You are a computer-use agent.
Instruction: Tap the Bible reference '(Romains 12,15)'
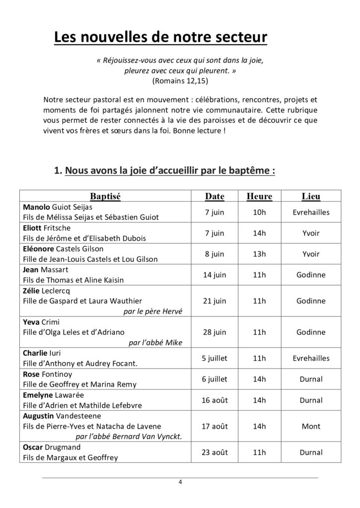point(180,80)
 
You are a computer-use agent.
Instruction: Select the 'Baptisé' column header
point(105,196)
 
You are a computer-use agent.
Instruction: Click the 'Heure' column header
point(259,196)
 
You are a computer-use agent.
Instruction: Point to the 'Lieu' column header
point(311,196)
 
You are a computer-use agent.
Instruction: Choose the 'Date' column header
point(215,196)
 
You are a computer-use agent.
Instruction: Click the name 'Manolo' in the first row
point(36,207)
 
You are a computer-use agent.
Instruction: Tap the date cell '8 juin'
point(215,254)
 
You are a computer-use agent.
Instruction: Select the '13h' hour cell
point(259,254)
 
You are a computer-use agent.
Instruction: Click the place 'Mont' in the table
point(311,426)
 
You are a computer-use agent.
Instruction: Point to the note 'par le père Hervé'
point(152,311)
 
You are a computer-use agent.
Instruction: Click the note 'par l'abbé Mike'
point(155,342)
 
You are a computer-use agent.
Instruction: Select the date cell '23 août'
point(215,452)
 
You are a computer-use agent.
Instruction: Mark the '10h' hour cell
point(259,212)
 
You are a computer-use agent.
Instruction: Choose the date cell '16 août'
point(215,400)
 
